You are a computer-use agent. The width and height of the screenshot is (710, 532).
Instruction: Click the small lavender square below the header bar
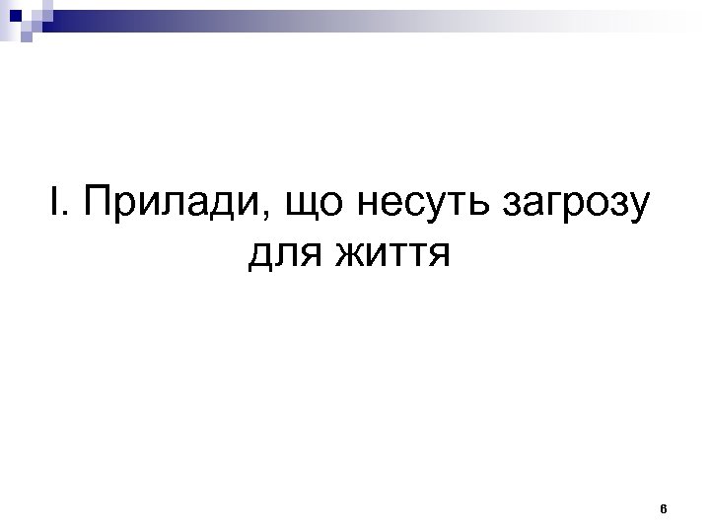27,37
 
